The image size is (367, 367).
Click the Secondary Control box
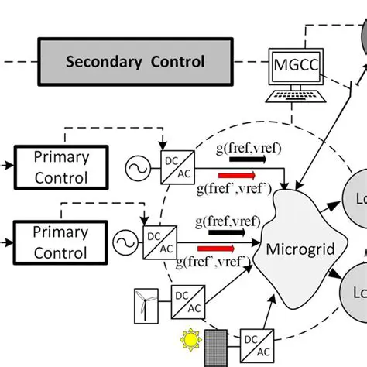(135, 61)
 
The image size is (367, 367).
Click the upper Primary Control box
(61, 166)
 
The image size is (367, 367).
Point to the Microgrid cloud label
(293, 249)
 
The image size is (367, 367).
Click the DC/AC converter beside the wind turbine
(186, 301)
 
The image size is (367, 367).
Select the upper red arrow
(236, 176)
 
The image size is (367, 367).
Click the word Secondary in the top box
(96, 61)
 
